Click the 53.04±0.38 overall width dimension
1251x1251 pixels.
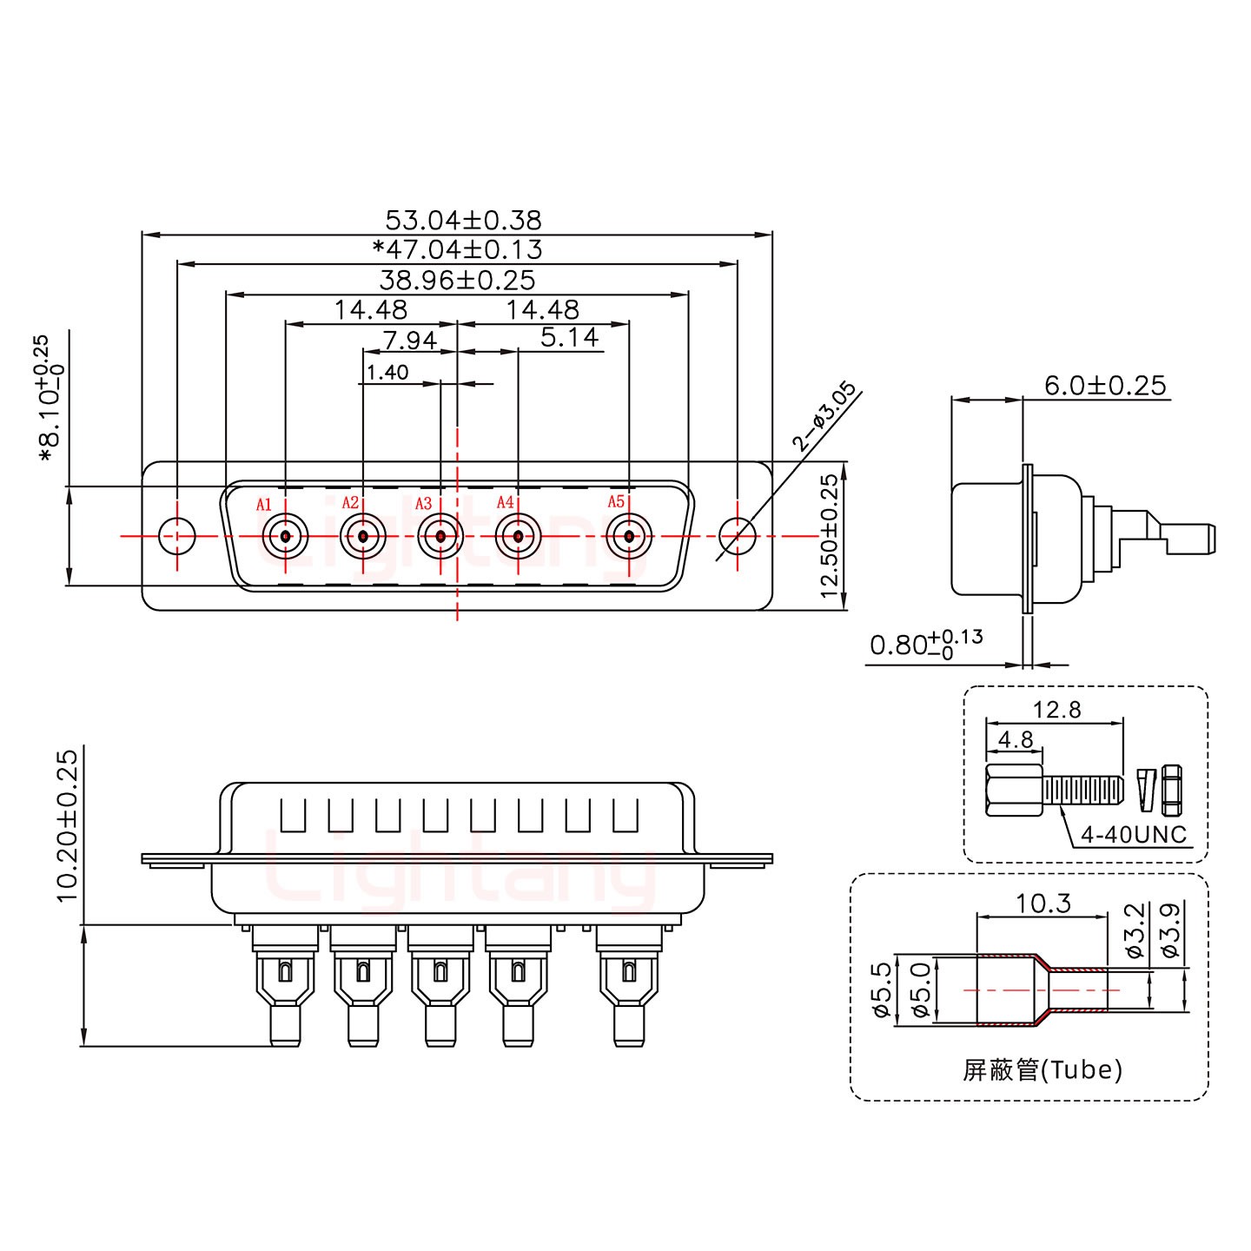tap(463, 219)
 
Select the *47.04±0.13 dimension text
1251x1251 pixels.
tap(457, 249)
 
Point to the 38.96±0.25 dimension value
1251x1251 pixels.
tap(457, 280)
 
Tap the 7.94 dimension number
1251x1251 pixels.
tap(409, 339)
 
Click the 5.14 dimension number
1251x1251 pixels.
tap(569, 337)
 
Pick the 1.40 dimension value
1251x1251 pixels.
tap(387, 373)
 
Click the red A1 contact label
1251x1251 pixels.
tap(264, 504)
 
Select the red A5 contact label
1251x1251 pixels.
tap(616, 501)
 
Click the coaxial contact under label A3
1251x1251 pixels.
tap(440, 536)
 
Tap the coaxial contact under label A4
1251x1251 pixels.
tap(518, 536)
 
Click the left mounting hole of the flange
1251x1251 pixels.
tap(177, 536)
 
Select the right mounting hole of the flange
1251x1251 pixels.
tap(738, 536)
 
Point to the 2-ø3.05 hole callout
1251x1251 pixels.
tap(824, 418)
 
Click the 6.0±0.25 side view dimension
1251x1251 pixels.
tap(1105, 385)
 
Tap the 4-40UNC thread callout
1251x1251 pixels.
tap(1133, 835)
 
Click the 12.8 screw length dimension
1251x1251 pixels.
tap(1057, 710)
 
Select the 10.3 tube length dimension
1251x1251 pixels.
tap(1043, 904)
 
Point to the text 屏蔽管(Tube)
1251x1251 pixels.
tap(1042, 1069)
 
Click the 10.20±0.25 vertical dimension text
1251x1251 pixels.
tap(68, 825)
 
